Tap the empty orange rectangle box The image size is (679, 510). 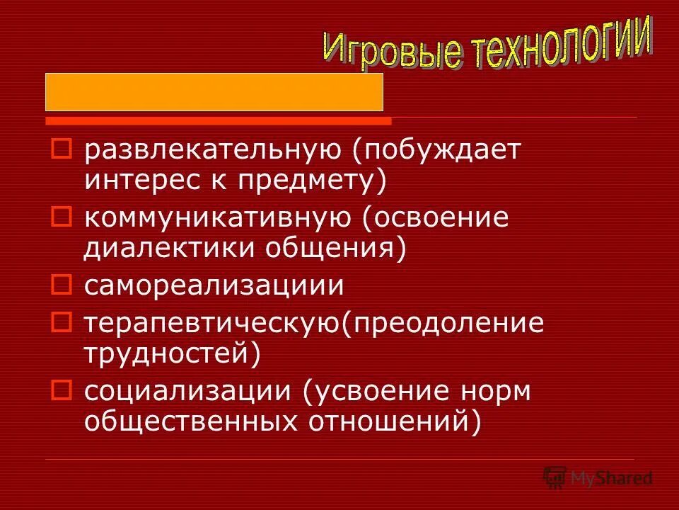[214, 91]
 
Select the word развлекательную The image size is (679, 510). [219, 149]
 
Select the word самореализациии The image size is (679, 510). [214, 285]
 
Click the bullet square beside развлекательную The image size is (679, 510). [62, 148]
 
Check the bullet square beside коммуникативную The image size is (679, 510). [62, 216]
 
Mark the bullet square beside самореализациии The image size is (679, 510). [62, 284]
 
